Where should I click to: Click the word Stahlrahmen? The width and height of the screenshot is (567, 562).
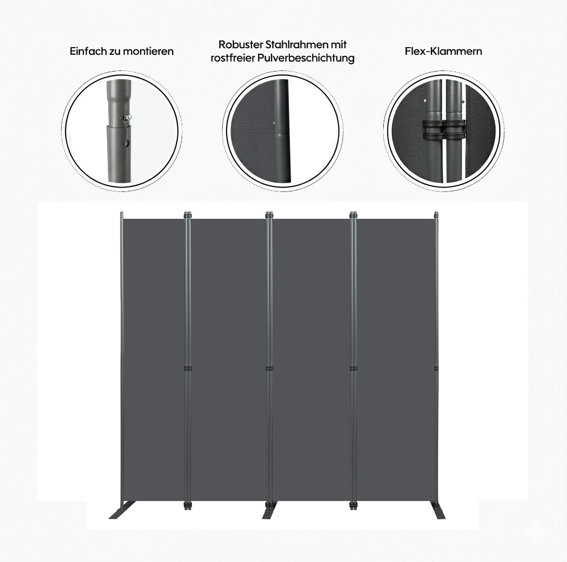297,44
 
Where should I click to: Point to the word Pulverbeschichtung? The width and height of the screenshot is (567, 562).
306,58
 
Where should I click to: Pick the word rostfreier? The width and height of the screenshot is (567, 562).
233,58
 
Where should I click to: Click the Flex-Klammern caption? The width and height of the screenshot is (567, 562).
443,51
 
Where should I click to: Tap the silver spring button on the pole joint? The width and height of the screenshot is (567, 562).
127,117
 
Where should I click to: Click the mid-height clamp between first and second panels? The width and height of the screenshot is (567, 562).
187,369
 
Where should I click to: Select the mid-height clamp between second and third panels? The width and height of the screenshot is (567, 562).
270,369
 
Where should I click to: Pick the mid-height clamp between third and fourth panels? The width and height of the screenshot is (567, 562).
353,369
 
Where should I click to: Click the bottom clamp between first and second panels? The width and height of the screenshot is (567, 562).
187,505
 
